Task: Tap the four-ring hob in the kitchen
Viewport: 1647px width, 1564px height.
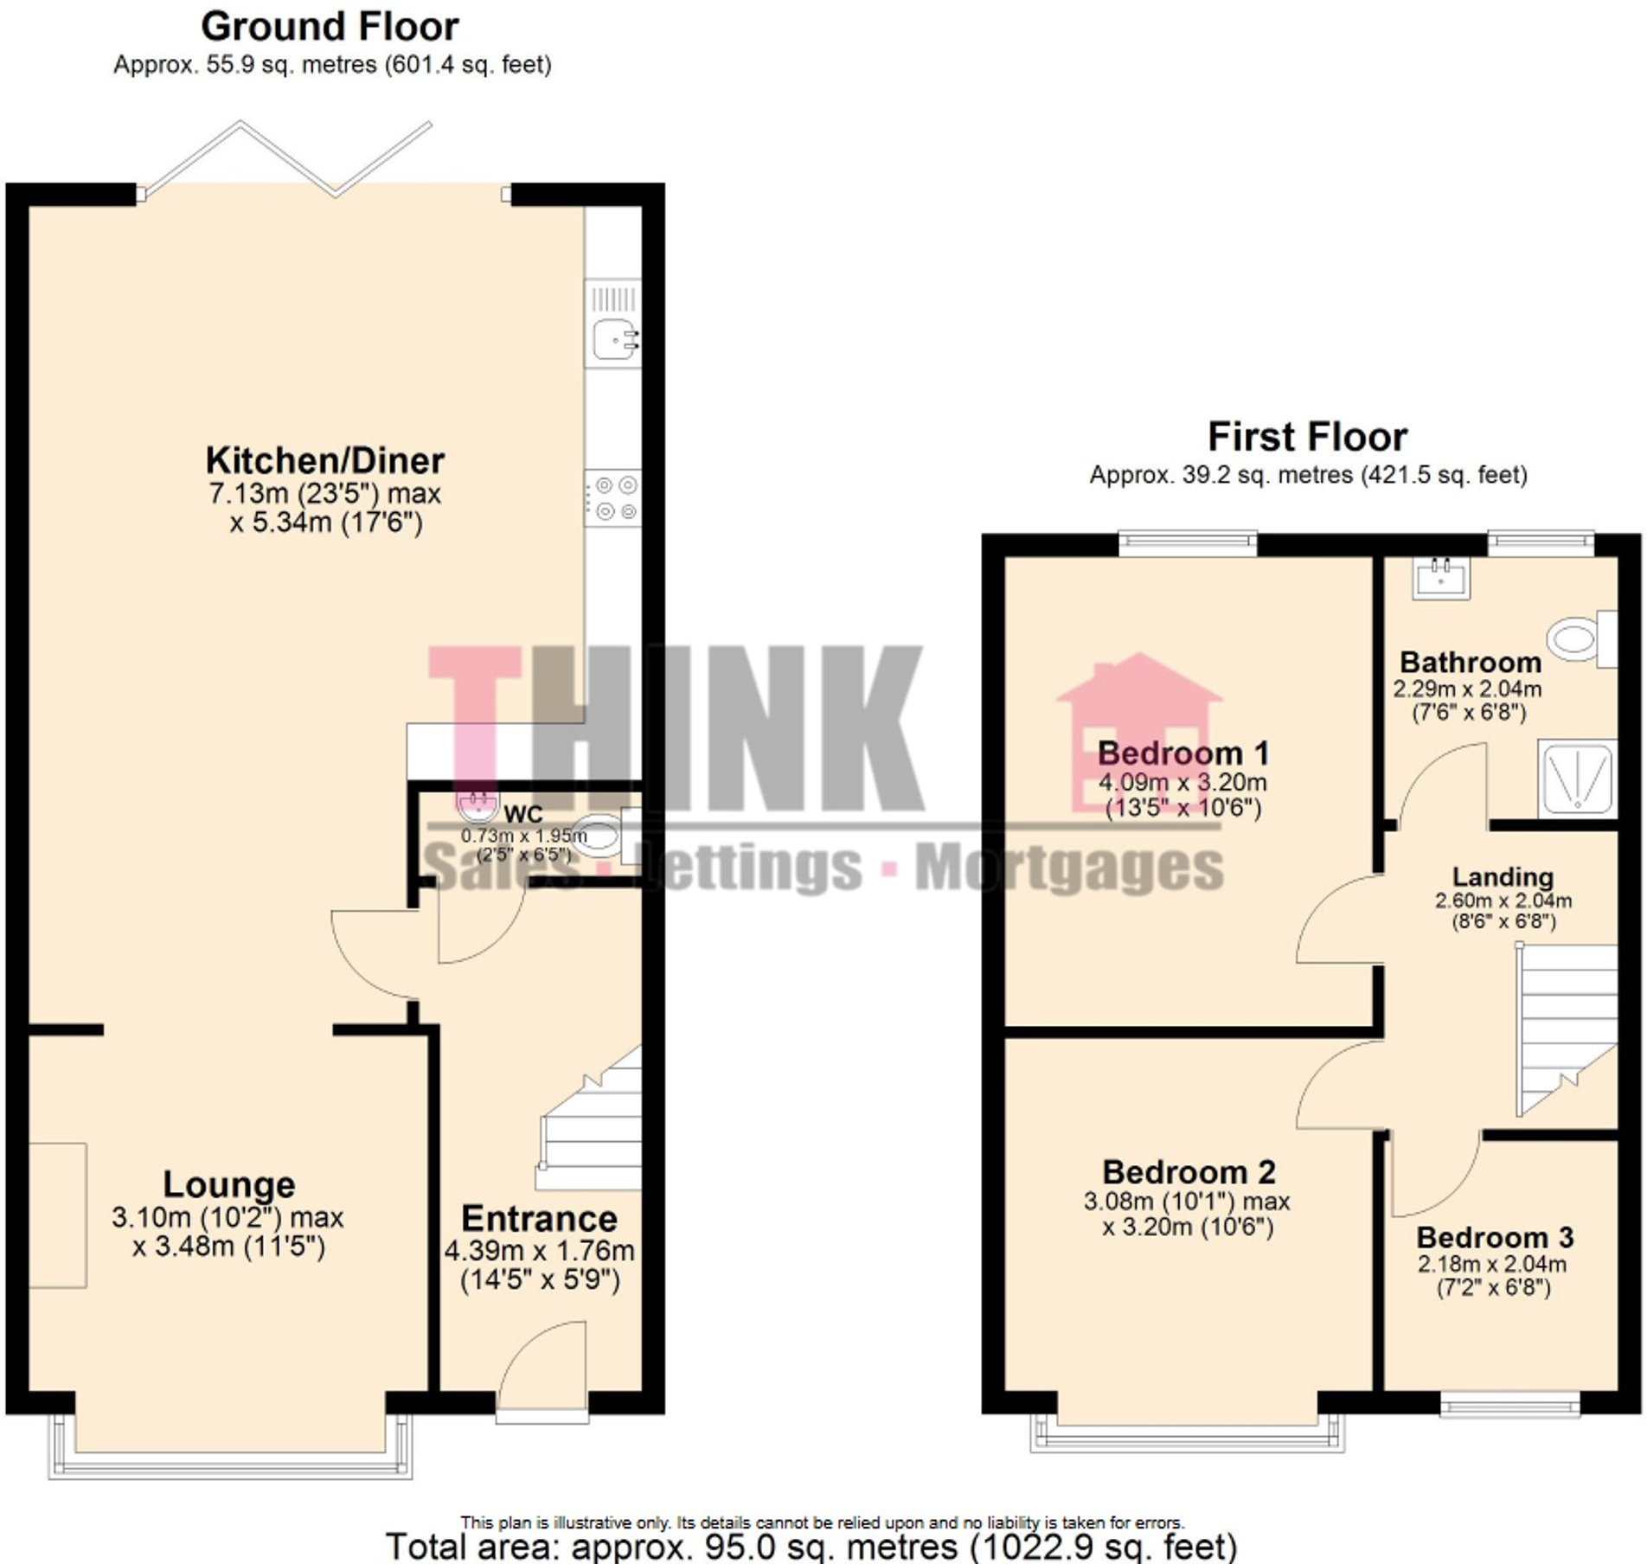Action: (x=613, y=499)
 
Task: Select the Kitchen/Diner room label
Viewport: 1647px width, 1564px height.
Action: (x=324, y=461)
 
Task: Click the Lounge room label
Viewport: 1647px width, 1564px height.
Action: (x=229, y=1184)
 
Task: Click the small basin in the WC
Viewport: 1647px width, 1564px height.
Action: (x=477, y=807)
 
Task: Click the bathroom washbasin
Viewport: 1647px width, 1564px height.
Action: (x=1441, y=578)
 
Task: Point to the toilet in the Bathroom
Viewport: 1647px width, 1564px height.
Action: (x=1580, y=639)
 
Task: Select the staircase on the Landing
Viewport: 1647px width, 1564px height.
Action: (x=1566, y=1029)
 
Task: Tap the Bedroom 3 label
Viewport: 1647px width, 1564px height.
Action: (x=1495, y=1238)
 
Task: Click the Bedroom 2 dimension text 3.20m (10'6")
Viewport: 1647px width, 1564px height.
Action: (x=1188, y=1227)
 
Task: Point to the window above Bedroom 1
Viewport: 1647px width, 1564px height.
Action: (x=1188, y=542)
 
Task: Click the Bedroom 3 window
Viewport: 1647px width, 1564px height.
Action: (x=1509, y=1405)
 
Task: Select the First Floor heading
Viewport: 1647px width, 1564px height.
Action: (x=1307, y=437)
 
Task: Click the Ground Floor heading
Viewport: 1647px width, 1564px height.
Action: (x=330, y=27)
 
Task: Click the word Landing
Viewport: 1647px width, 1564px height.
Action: (x=1503, y=877)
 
